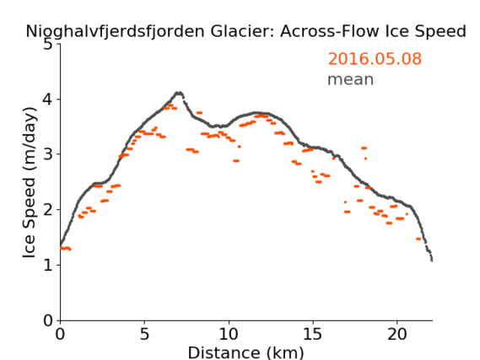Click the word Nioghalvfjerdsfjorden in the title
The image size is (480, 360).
coord(115,31)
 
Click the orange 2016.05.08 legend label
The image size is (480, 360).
coord(375,58)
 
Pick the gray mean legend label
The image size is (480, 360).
coord(351,79)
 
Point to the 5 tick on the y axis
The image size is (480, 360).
coord(48,45)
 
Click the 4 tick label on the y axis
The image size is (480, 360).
coord(48,99)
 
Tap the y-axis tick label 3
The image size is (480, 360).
coord(48,154)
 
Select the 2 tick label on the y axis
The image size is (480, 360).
coord(48,210)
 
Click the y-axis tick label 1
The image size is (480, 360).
coord(48,266)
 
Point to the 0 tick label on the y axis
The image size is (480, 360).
coord(48,320)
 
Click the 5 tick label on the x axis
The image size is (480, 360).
coord(144,334)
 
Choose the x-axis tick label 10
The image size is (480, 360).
coord(229,334)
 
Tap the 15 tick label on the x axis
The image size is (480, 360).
coord(313,334)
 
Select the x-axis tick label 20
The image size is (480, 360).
coord(397,334)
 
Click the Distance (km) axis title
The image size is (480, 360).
coord(245,352)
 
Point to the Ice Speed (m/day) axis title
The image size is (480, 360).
coord(30,183)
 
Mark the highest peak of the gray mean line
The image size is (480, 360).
coord(179,93)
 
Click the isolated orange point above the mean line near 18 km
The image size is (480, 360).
coord(364,148)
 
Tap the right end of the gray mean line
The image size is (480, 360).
coord(432,260)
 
